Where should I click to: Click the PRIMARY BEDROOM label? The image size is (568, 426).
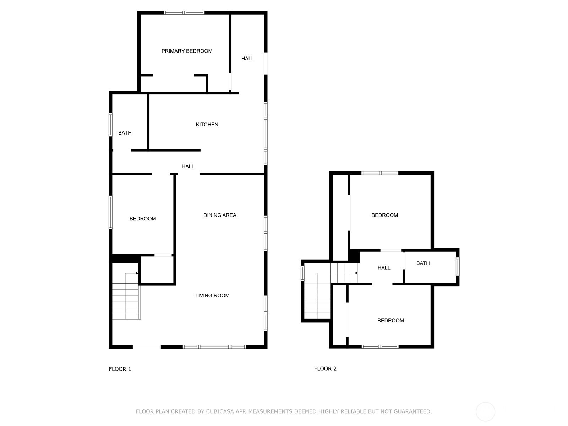tap(187, 51)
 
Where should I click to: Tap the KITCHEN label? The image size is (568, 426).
tap(207, 125)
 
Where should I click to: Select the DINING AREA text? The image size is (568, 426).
tap(220, 215)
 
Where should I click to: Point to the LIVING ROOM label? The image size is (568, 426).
tap(212, 296)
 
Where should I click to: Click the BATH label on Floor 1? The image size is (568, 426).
tap(125, 133)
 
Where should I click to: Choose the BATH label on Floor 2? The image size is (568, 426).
tap(423, 263)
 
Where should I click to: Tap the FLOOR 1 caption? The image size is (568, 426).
tap(120, 369)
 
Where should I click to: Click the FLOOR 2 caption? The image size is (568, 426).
tap(325, 369)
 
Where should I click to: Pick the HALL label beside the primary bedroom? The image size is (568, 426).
tap(248, 59)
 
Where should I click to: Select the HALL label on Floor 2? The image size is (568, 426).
tap(384, 268)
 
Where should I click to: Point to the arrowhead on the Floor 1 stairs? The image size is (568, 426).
tap(137, 273)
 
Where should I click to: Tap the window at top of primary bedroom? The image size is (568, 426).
tap(184, 12)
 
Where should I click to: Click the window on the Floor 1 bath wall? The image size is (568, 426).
tap(110, 125)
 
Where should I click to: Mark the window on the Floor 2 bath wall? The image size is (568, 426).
tap(458, 267)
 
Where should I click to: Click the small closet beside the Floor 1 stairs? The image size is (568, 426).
tap(157, 270)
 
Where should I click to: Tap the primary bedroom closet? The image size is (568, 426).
tap(173, 84)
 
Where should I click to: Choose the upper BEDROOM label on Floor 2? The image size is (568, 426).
tap(384, 215)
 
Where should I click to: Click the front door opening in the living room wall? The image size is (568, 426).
tap(147, 347)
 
